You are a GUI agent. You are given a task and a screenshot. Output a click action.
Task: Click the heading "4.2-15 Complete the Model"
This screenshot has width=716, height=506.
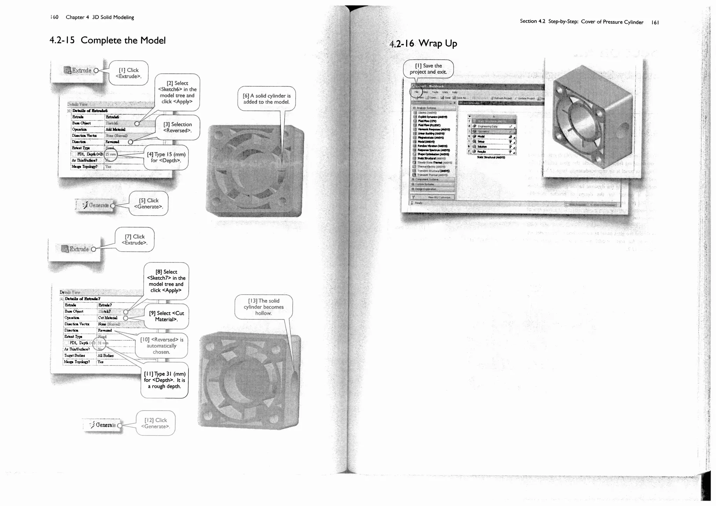click(107, 41)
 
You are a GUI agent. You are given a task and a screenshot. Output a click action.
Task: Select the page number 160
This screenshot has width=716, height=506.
click(54, 17)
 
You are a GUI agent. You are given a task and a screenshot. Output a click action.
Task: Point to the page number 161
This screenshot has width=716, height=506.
click(655, 22)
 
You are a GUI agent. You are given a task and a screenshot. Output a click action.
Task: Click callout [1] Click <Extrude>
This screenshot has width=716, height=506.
click(129, 73)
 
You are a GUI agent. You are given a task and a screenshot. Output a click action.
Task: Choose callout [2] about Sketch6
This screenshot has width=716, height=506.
click(177, 92)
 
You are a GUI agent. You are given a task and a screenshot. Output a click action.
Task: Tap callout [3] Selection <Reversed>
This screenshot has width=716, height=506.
click(177, 127)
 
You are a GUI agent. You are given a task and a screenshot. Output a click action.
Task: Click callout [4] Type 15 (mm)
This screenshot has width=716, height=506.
click(166, 157)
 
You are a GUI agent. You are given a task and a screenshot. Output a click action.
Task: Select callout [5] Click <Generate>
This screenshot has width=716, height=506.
click(149, 203)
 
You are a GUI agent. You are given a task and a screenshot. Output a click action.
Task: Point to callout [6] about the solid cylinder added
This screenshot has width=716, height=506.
click(267, 99)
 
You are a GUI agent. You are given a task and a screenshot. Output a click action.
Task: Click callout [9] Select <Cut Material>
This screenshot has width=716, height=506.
click(166, 316)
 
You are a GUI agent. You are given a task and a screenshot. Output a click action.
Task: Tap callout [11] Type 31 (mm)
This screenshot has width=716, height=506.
click(164, 380)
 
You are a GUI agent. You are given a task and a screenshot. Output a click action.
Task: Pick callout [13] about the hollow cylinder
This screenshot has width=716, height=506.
click(264, 307)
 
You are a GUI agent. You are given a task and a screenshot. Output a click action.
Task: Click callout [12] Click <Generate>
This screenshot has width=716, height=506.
click(156, 423)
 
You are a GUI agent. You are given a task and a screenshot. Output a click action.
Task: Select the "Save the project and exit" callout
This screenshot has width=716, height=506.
click(428, 69)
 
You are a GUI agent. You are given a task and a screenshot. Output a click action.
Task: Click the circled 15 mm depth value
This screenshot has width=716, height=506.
click(110, 154)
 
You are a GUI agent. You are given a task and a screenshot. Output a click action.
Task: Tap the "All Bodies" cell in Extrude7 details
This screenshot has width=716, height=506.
click(106, 355)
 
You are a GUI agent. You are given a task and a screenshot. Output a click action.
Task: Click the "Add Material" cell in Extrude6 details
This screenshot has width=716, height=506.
click(115, 129)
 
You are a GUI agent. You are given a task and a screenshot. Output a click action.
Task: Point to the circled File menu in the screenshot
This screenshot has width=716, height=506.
click(416, 92)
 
